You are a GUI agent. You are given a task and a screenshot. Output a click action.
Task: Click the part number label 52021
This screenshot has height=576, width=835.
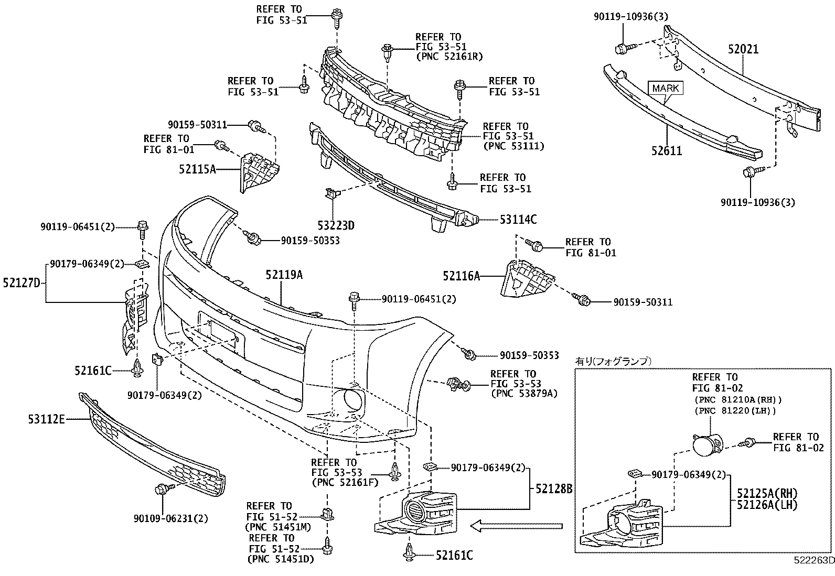point(743,49)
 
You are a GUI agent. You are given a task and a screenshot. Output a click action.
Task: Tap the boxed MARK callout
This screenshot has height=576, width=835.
point(666,88)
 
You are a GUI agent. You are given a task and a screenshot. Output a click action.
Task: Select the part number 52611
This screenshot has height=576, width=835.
point(667,151)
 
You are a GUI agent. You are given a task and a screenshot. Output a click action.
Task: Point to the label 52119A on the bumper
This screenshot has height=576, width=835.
point(284,275)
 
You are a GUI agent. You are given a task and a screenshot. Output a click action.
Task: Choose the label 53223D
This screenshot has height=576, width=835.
point(336,226)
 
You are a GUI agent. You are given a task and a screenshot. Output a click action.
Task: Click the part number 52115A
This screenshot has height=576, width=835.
point(197,169)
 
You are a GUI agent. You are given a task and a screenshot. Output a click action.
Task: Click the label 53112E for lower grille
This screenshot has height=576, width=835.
point(46,419)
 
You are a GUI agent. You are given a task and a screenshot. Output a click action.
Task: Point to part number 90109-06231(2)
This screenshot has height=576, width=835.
point(170,518)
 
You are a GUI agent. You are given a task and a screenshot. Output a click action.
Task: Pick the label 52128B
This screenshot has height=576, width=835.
point(554,488)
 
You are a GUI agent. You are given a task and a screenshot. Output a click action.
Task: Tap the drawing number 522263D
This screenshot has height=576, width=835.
point(813,560)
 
